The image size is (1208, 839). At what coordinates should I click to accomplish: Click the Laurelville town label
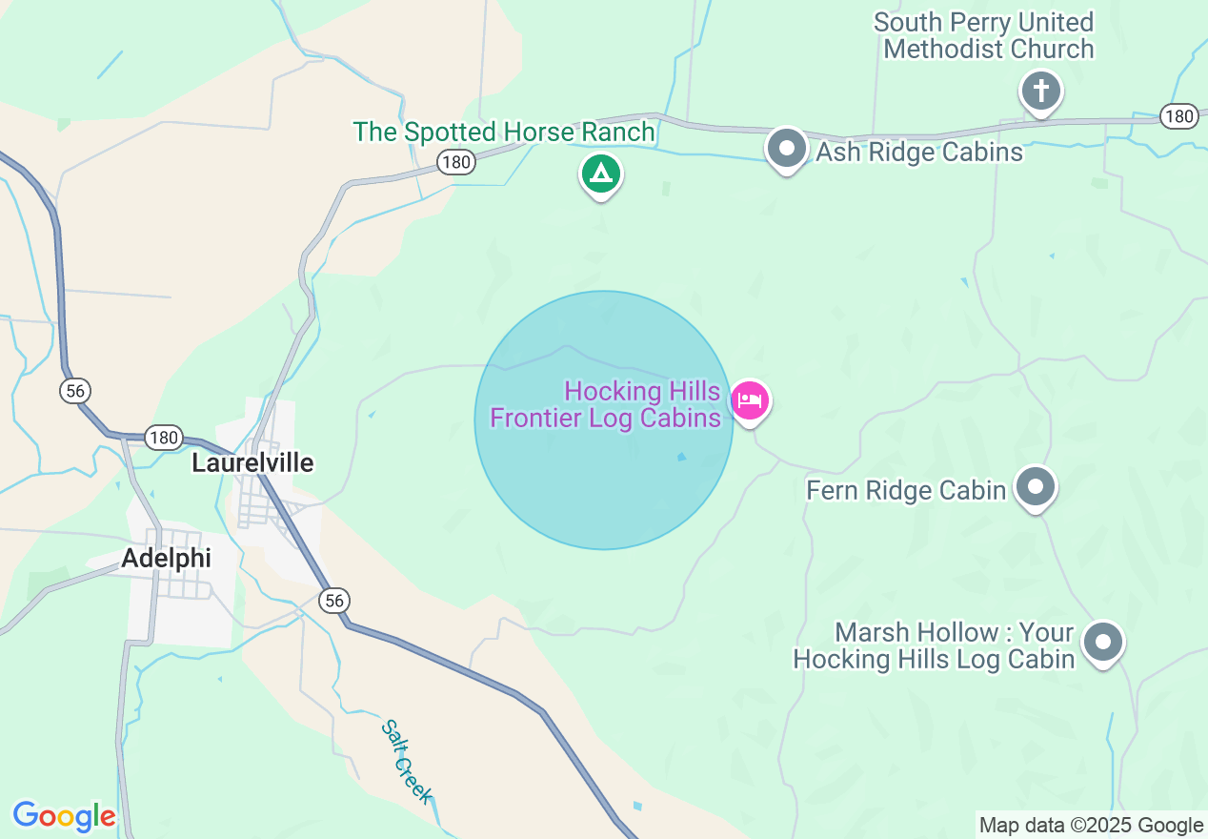(252, 463)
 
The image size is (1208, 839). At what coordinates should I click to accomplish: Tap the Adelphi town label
(167, 558)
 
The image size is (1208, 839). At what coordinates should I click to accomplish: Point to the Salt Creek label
(408, 761)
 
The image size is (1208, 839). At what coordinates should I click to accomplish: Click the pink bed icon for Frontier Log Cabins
(751, 400)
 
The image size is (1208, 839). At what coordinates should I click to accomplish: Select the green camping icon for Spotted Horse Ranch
(600, 174)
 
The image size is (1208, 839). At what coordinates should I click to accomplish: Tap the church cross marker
(1041, 92)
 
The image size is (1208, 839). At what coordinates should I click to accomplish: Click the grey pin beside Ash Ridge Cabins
(787, 149)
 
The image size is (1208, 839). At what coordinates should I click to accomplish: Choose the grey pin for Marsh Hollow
(1103, 642)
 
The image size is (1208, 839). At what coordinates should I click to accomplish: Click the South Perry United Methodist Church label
(984, 35)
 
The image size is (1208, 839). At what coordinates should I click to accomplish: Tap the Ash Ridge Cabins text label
(919, 152)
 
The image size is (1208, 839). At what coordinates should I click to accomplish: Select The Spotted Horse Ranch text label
(504, 132)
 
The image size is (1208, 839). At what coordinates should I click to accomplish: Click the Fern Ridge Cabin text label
(906, 490)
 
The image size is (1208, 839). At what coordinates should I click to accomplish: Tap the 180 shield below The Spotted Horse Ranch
(456, 162)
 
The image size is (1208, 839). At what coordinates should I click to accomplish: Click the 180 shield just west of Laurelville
(164, 438)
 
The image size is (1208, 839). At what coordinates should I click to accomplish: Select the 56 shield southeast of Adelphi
(333, 600)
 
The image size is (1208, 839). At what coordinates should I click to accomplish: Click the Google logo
(64, 816)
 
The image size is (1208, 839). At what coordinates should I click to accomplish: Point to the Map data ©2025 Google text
(1092, 826)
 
